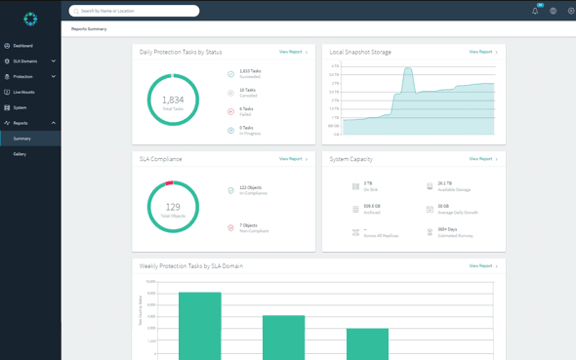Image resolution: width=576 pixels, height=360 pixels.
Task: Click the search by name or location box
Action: pyautogui.click(x=135, y=11)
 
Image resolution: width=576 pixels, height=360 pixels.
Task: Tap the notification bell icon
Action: pyautogui.click(x=535, y=11)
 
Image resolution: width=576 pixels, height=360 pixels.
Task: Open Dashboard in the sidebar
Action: pyautogui.click(x=22, y=46)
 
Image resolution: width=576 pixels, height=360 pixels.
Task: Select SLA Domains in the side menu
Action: pyautogui.click(x=25, y=61)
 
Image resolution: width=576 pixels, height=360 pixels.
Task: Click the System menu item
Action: pyautogui.click(x=20, y=107)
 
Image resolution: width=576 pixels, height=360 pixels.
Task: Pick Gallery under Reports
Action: pyautogui.click(x=20, y=154)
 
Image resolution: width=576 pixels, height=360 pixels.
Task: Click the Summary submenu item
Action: pyautogui.click(x=21, y=139)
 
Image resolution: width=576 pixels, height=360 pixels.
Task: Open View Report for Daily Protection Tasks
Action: pyautogui.click(x=292, y=52)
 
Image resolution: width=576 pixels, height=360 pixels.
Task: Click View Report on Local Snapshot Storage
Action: pyautogui.click(x=482, y=52)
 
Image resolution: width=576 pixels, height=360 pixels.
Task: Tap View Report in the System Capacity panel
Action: pyautogui.click(x=482, y=158)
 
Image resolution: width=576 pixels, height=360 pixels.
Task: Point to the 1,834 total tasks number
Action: pyautogui.click(x=173, y=100)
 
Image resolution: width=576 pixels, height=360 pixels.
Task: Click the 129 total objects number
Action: pyautogui.click(x=173, y=207)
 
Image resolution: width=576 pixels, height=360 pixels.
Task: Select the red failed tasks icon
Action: pyautogui.click(x=231, y=111)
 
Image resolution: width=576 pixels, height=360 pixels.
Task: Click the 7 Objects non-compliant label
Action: pyautogui.click(x=249, y=225)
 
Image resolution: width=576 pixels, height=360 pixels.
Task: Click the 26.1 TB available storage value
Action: pyautogui.click(x=444, y=182)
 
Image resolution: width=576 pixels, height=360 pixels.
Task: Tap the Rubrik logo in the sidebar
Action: pyautogui.click(x=30, y=19)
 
